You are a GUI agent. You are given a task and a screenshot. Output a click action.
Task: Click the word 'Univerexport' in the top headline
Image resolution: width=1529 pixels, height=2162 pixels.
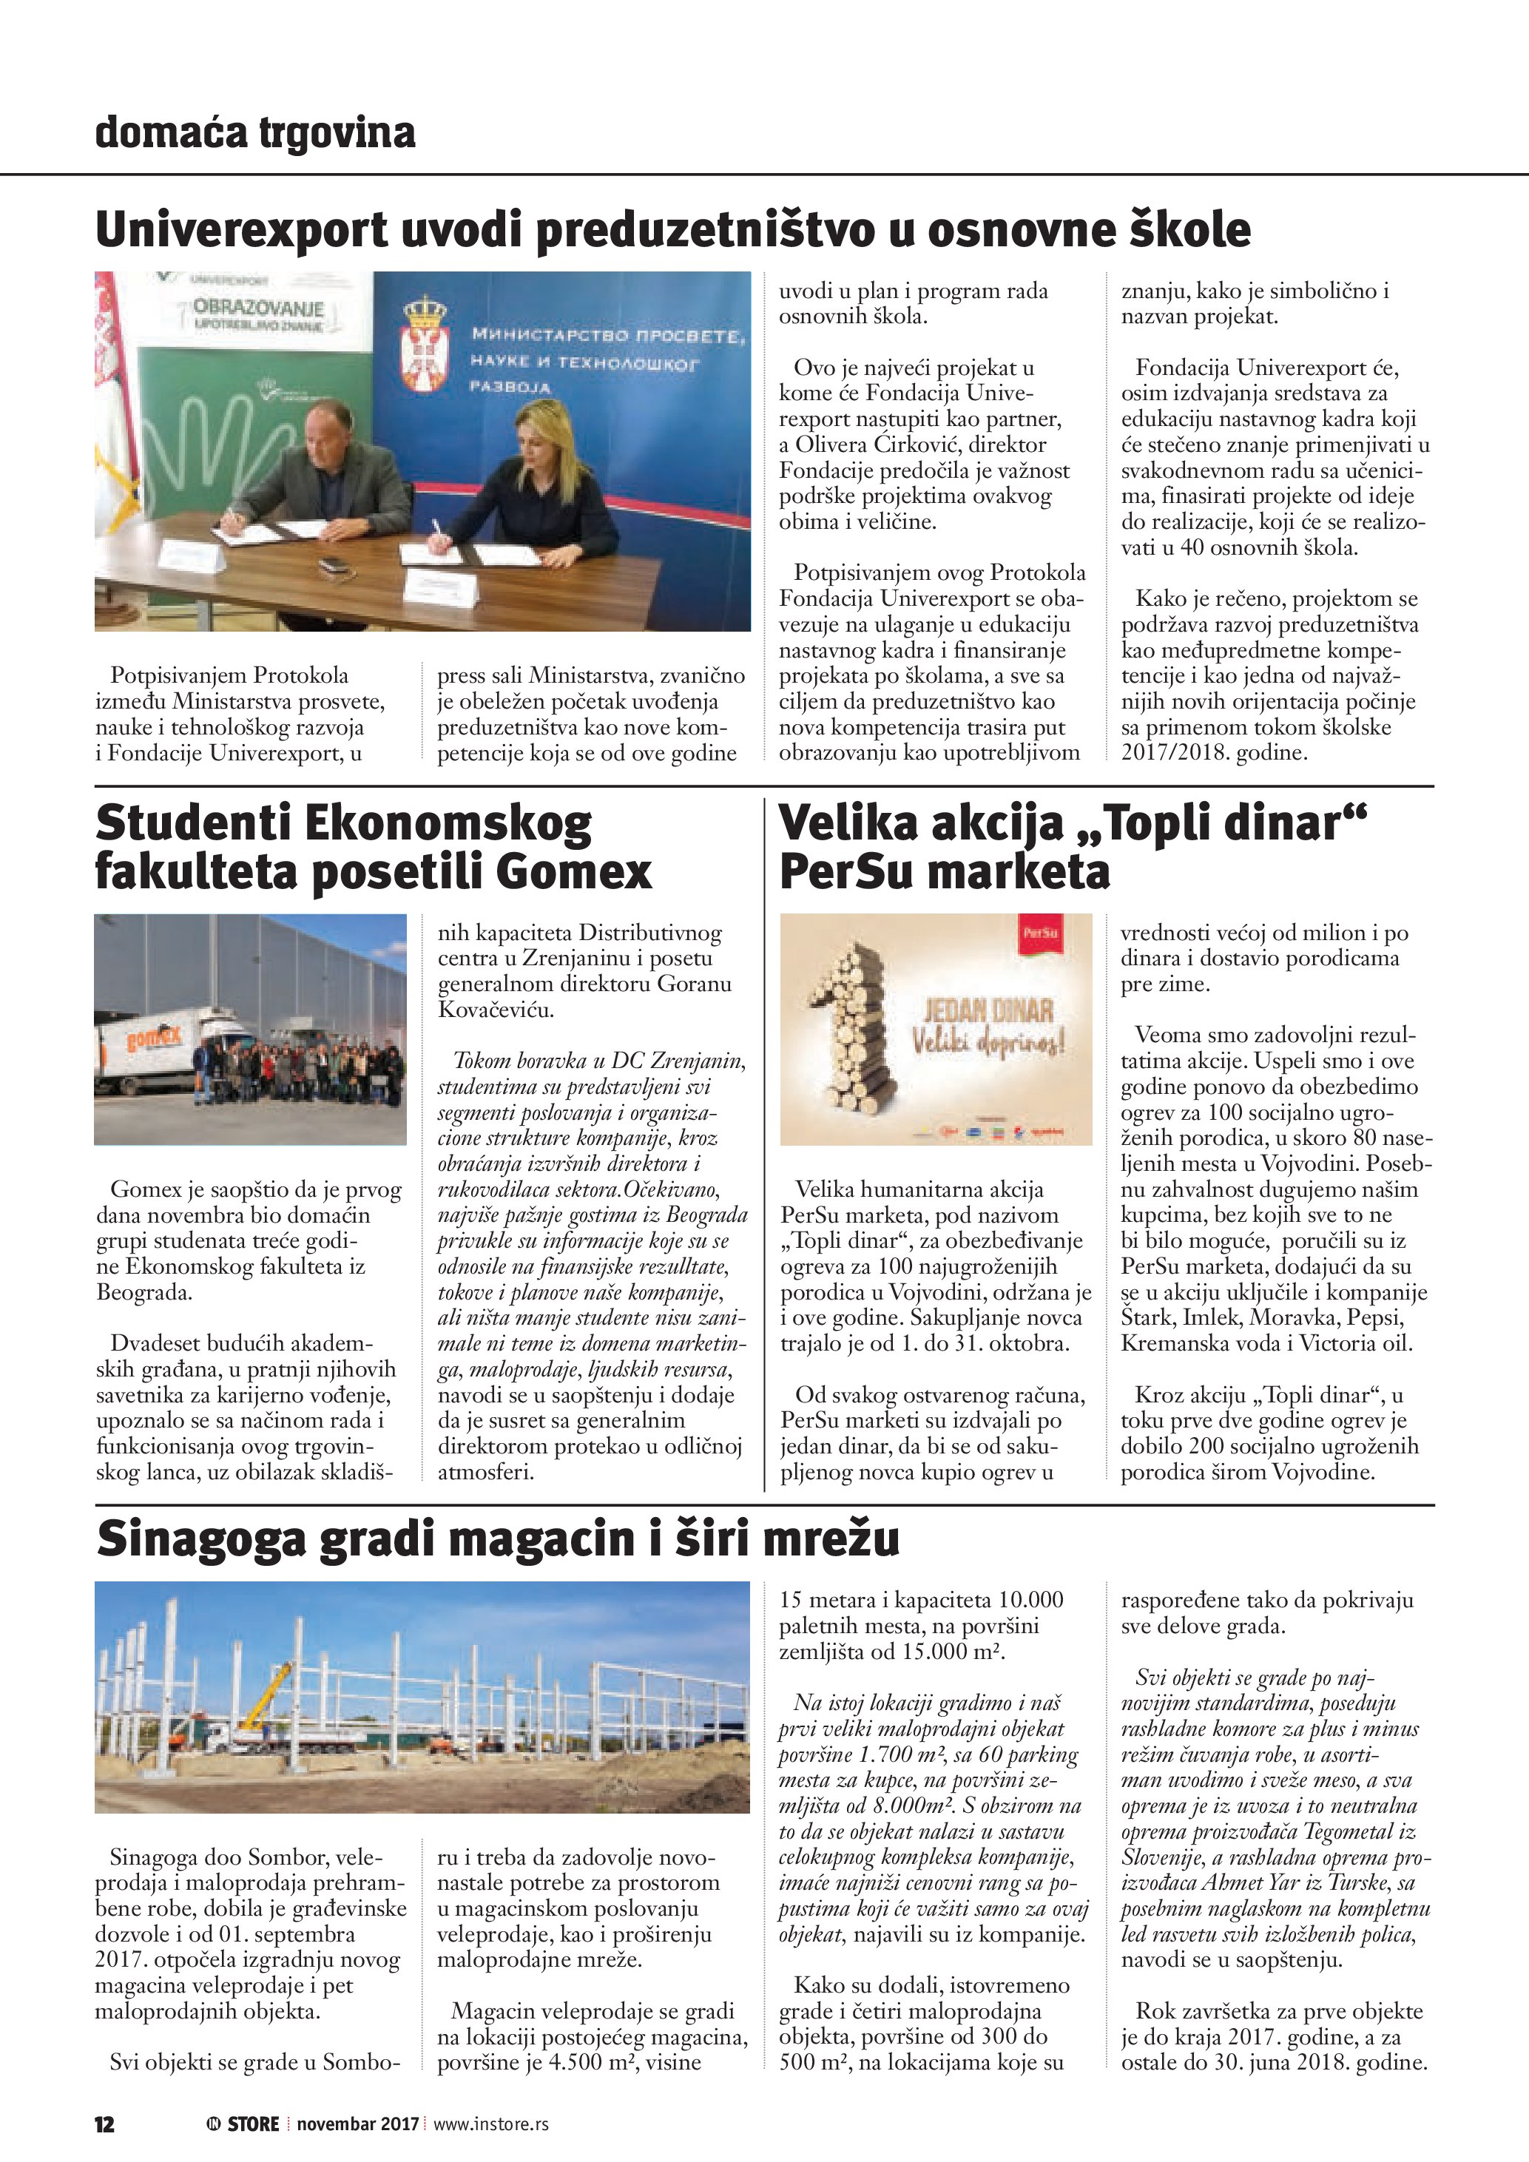pyautogui.click(x=241, y=231)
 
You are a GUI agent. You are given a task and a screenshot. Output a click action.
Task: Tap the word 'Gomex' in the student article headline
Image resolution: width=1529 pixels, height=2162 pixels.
pyautogui.click(x=573, y=871)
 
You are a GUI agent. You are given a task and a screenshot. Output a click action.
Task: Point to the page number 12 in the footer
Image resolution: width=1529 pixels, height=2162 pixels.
pyautogui.click(x=104, y=2124)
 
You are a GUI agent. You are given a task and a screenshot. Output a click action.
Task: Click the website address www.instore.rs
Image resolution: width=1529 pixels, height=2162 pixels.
pyautogui.click(x=490, y=2124)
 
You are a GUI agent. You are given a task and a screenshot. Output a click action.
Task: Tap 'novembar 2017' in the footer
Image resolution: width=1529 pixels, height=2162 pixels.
pyautogui.click(x=358, y=2124)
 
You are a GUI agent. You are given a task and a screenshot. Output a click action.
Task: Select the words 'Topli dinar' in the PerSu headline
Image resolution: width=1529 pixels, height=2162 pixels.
pyautogui.click(x=1233, y=824)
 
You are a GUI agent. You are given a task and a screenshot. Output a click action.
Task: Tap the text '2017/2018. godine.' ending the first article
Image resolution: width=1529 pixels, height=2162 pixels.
pyautogui.click(x=1214, y=752)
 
